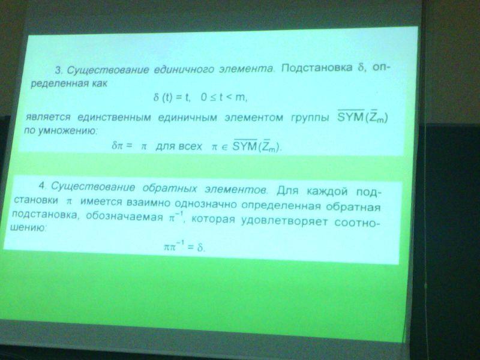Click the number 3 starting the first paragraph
(x=58, y=70)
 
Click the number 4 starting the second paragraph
(x=42, y=185)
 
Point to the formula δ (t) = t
(x=172, y=98)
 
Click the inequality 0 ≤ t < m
(x=224, y=97)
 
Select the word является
(x=48, y=117)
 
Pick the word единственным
(x=114, y=118)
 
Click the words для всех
(x=179, y=146)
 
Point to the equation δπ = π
(x=130, y=146)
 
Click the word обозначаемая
(x=124, y=217)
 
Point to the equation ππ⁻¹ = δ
(x=184, y=246)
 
